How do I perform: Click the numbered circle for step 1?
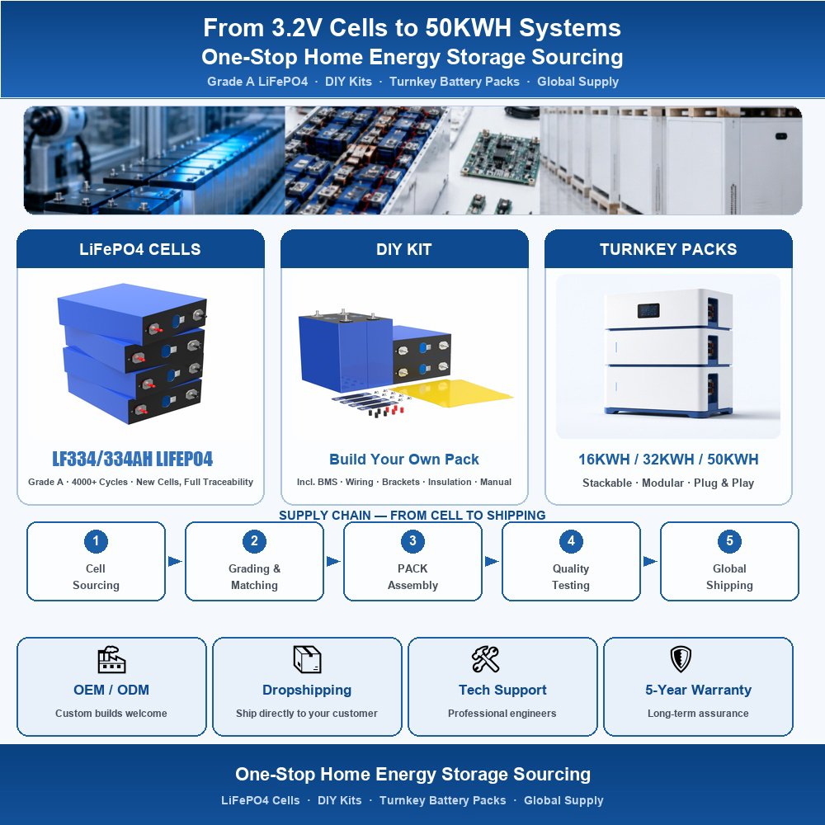(x=96, y=541)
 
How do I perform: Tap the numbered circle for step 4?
(x=571, y=541)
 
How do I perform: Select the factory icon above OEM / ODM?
(x=111, y=659)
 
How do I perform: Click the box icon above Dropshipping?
(x=307, y=659)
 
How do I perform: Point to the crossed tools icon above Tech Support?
(x=485, y=659)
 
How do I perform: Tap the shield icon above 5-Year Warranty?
(x=681, y=659)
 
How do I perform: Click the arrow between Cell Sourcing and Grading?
(x=175, y=561)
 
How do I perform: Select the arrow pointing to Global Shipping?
(x=650, y=561)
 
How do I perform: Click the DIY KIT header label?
(x=404, y=249)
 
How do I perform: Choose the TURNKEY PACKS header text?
(x=668, y=249)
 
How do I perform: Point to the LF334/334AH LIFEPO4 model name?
(x=133, y=459)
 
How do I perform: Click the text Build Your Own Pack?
(x=404, y=460)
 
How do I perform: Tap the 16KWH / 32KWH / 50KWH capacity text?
(x=668, y=460)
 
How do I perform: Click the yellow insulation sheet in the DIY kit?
(x=452, y=393)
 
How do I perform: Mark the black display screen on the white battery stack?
(x=648, y=310)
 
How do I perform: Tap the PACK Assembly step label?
(x=412, y=577)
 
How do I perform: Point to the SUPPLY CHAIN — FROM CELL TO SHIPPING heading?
(x=412, y=515)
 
